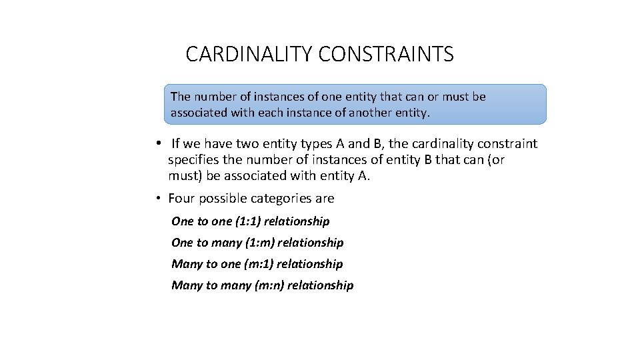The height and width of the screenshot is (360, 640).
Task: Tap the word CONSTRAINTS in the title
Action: tap(386, 54)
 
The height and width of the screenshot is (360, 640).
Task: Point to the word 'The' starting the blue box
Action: tap(181, 97)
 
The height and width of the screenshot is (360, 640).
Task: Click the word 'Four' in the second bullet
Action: tap(181, 199)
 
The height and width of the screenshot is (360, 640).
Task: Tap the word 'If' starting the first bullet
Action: tap(176, 144)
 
